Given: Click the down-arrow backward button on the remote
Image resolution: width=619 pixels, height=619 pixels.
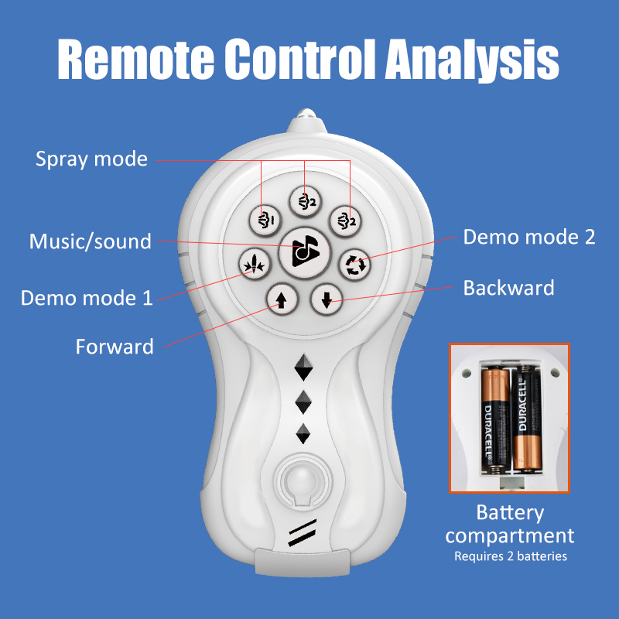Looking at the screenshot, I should [x=327, y=299].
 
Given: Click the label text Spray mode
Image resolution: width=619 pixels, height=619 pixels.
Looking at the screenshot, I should [x=91, y=159].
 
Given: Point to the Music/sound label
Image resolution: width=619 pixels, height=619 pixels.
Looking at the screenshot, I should [x=90, y=241].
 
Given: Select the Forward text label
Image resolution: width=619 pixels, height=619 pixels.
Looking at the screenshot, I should [x=115, y=347].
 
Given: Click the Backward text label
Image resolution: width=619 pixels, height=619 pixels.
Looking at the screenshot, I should [x=508, y=288].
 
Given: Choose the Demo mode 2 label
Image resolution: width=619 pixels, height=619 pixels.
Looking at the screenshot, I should [x=529, y=237].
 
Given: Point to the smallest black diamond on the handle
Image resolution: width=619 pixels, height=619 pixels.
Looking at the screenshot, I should [x=303, y=433].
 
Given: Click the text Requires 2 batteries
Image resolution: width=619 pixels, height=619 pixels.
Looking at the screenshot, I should [x=510, y=556].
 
